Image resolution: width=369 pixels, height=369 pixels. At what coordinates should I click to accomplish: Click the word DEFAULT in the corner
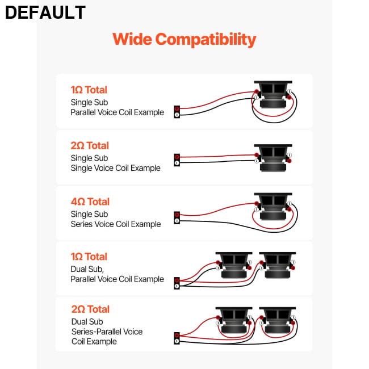45,12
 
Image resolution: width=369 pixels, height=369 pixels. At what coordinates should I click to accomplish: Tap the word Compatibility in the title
206,40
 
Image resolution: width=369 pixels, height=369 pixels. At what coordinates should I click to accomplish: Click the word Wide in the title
132,39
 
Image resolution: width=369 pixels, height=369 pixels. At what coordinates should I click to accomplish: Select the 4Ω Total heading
90,202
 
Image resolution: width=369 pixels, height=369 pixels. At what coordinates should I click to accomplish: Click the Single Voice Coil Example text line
116,168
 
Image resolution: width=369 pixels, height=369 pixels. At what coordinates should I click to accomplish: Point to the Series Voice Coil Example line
116,224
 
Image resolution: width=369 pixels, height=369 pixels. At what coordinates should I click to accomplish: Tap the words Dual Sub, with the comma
87,269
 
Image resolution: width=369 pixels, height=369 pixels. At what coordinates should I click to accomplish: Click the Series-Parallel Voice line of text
107,332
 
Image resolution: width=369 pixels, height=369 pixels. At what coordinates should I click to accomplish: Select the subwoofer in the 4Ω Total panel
273,207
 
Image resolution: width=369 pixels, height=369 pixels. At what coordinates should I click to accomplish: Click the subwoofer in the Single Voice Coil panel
273,158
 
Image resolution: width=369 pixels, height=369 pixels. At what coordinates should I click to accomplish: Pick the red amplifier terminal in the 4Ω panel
177,215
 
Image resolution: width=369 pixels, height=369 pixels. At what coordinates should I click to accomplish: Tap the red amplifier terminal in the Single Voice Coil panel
177,157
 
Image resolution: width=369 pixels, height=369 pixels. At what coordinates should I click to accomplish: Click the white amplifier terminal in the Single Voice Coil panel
177,163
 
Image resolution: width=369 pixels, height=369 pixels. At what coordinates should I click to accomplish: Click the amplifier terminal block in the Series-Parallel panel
177,338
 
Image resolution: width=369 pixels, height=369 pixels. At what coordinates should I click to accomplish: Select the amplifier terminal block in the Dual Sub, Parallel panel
177,283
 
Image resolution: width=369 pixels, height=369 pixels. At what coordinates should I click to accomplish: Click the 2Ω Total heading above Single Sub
90,146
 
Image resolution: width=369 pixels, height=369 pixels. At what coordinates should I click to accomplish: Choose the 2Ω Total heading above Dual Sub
90,309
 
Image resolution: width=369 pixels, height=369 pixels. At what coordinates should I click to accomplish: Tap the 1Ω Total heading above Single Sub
89,90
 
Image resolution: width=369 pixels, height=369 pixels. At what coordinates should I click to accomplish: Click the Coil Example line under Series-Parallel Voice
94,341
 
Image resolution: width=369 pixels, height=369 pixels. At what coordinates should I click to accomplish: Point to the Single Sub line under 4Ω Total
90,214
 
